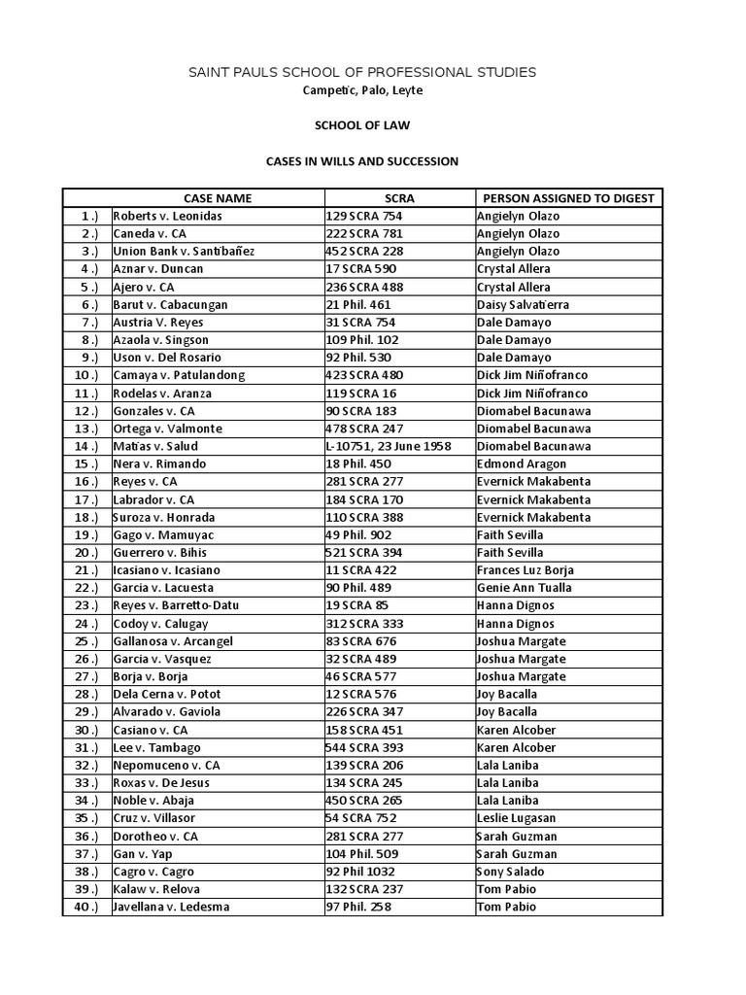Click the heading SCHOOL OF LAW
(361, 125)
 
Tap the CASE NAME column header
(218, 198)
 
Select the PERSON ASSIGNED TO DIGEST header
(568, 198)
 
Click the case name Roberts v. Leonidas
(167, 216)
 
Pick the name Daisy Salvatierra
(523, 304)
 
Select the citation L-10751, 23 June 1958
(391, 446)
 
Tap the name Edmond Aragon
(515, 463)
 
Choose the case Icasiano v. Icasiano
(166, 570)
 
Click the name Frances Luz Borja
(525, 570)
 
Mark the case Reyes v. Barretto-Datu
(176, 605)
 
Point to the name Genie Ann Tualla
(524, 588)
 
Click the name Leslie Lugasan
(517, 818)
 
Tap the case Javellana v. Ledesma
(173, 907)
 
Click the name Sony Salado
(511, 872)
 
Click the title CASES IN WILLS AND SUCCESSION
(361, 161)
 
